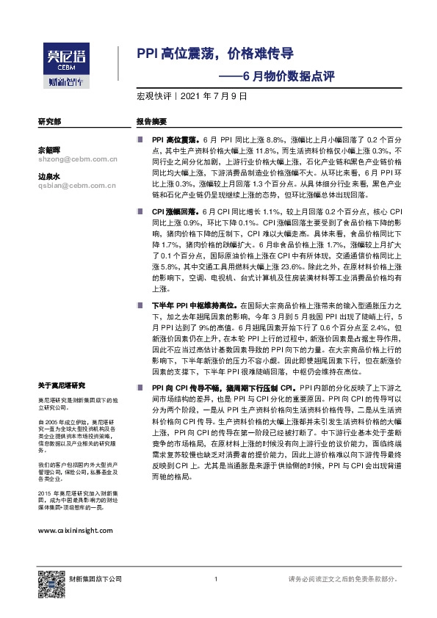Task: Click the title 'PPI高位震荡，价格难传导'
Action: click(x=215, y=54)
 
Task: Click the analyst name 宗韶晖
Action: click(x=48, y=150)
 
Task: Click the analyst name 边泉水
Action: click(x=48, y=177)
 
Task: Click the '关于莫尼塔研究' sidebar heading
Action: click(x=62, y=385)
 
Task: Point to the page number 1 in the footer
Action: click(x=215, y=580)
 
